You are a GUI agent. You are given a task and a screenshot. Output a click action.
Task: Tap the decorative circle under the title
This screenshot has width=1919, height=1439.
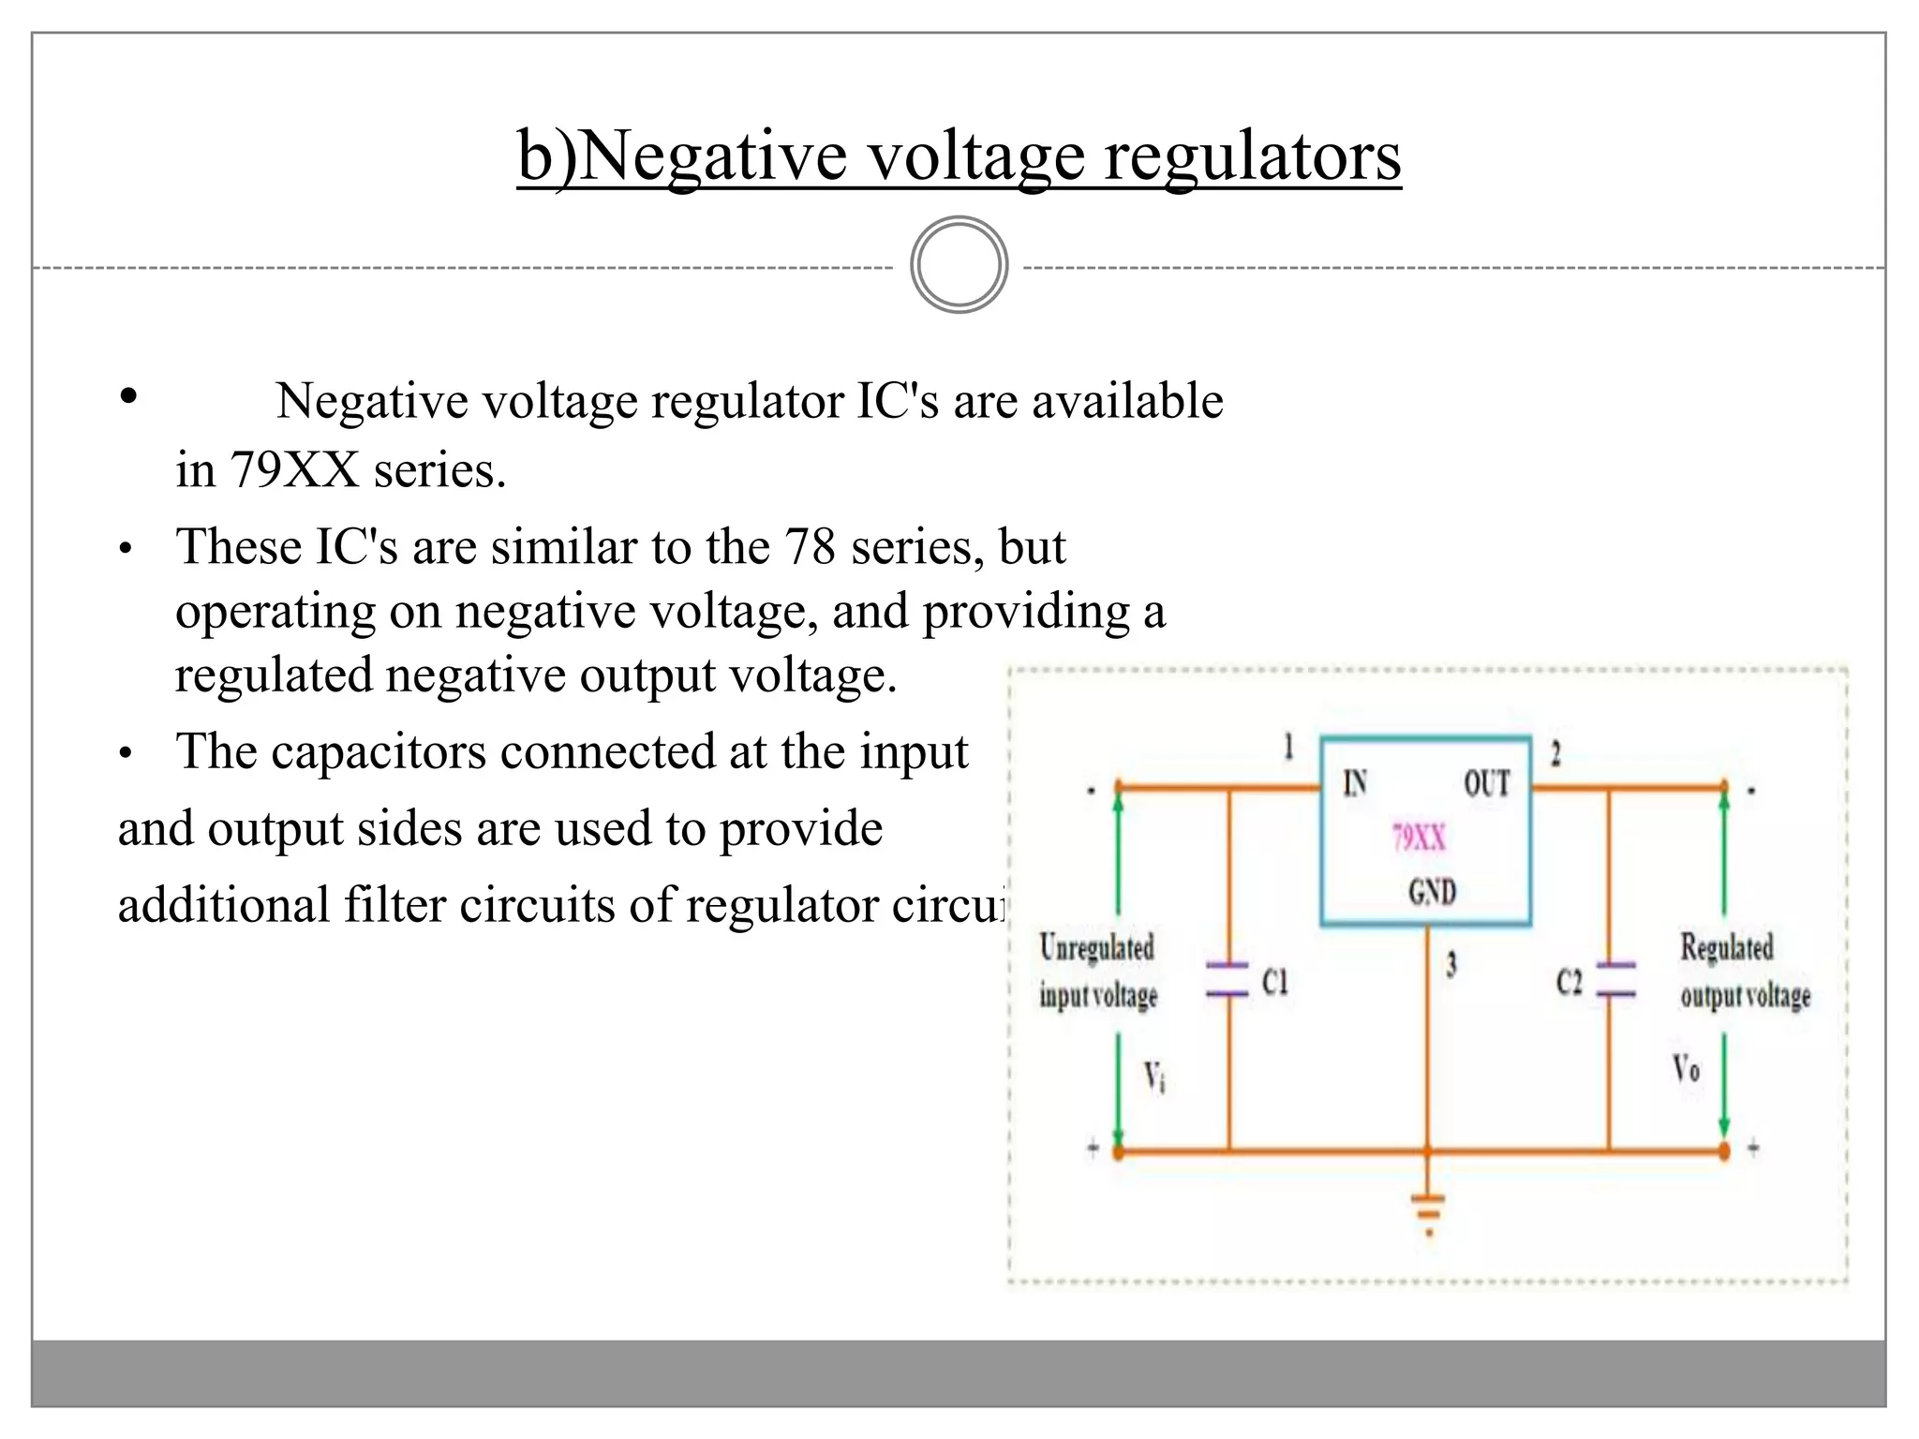coord(959,265)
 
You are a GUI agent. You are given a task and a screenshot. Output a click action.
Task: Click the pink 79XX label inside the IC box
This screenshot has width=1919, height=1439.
coord(1419,837)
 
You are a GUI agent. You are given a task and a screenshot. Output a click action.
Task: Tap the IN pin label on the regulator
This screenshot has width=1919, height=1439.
coord(1355,783)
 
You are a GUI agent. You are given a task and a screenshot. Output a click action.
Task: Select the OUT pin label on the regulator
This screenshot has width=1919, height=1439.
coord(1487,783)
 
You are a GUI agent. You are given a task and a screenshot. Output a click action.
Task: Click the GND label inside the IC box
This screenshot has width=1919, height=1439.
coord(1432,891)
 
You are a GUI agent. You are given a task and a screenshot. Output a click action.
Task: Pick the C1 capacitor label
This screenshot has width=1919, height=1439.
coord(1275,982)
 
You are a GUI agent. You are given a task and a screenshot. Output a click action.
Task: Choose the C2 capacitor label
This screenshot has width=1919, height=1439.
coord(1569,982)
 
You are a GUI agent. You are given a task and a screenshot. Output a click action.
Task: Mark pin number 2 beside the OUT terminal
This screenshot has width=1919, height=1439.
coord(1555,753)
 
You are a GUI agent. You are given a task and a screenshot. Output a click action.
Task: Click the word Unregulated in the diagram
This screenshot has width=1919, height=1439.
coord(1096,947)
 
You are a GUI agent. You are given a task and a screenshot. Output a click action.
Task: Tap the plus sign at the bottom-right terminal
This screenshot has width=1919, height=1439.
coord(1753,1148)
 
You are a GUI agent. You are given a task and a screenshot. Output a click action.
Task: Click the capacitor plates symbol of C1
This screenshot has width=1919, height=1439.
coord(1227,979)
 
